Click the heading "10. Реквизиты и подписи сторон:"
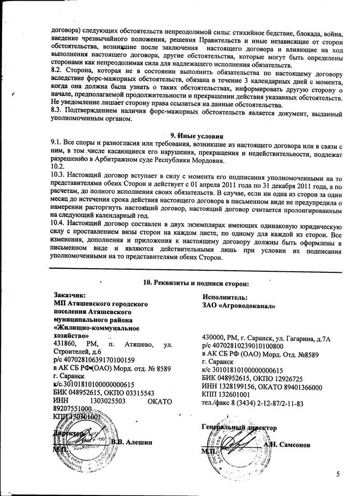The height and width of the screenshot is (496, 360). (x=195, y=283)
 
